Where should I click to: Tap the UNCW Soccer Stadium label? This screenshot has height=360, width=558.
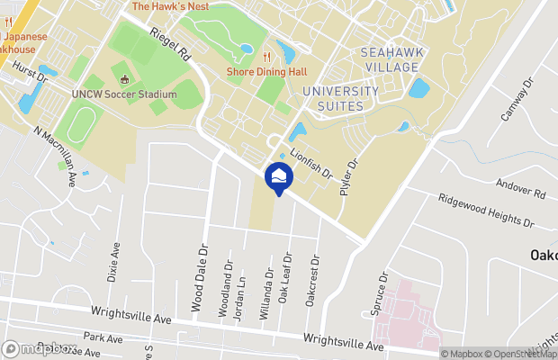[x=124, y=94]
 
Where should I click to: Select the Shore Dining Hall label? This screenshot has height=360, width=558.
[x=268, y=72]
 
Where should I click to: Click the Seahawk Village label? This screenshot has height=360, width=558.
[x=390, y=60]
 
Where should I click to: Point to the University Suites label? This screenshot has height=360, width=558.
[x=340, y=98]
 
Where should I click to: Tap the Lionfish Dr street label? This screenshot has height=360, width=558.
[x=311, y=161]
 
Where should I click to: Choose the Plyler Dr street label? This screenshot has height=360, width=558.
[x=349, y=177]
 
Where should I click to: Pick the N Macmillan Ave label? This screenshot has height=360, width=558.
[x=56, y=156]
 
